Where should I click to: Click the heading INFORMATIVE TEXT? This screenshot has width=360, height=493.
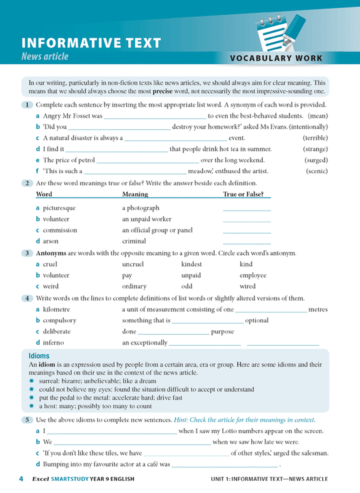pyautogui.click(x=91, y=43)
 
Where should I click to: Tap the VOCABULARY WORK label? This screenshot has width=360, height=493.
pyautogui.click(x=276, y=59)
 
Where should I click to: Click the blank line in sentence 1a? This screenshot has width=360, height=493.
pyautogui.click(x=155, y=116)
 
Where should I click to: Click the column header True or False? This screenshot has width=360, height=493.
pyautogui.click(x=243, y=195)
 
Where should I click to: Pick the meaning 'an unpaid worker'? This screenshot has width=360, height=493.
pyautogui.click(x=147, y=219)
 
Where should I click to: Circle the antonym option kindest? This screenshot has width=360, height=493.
pyautogui.click(x=192, y=264)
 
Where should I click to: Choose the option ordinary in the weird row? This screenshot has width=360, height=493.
pyautogui.click(x=134, y=286)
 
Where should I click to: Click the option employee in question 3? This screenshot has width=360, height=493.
pyautogui.click(x=253, y=275)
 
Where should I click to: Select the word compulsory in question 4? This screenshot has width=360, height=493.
pyautogui.click(x=59, y=320)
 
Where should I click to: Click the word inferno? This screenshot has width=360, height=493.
pyautogui.click(x=53, y=342)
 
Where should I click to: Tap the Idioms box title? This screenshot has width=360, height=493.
pyautogui.click(x=39, y=355)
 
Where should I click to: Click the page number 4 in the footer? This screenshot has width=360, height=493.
pyautogui.click(x=21, y=479)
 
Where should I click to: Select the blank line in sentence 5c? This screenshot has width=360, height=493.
pyautogui.click(x=186, y=453)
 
